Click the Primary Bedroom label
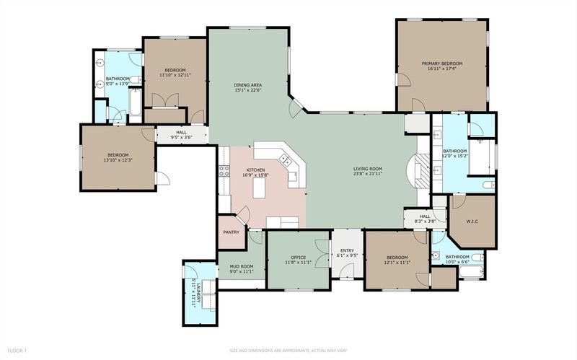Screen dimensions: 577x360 [441, 63]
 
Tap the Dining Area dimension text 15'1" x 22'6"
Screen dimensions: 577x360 [248, 89]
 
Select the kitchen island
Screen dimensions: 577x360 [259, 189]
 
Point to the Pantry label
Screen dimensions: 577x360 [231, 232]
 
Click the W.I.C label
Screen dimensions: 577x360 [472, 221]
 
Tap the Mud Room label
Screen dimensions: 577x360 [242, 266]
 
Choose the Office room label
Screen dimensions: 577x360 [298, 258]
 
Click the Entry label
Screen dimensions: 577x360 [347, 250]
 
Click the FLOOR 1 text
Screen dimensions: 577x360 [17, 351]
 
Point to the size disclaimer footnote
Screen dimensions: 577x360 [288, 351]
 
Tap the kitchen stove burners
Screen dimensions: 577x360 [224, 171]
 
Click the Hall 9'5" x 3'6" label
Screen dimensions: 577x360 [182, 135]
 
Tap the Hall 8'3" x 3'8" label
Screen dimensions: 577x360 [425, 219]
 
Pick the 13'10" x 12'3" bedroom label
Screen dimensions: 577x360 [118, 157]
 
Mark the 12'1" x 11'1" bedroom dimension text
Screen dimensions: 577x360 [397, 263]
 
